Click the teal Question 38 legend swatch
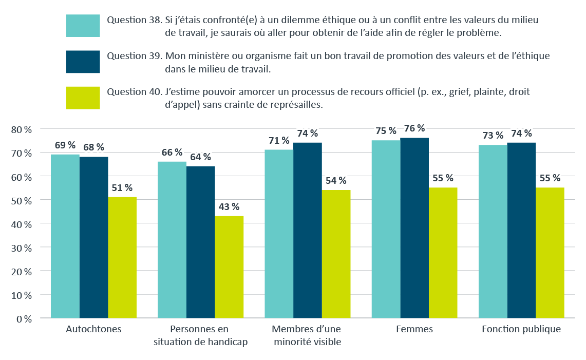(83, 26)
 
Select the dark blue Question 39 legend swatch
(83, 62)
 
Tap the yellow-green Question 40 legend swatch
(83, 98)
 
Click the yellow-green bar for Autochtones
(122, 257)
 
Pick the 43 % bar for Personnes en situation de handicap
(229, 267)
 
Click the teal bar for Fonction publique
(493, 231)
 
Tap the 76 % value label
(414, 128)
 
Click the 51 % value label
(122, 187)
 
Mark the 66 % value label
(172, 152)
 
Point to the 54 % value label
(336, 180)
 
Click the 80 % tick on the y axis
(21, 129)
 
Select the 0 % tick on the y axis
(24, 319)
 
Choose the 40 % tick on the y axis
(21, 224)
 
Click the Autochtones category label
(93, 329)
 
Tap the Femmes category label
(414, 329)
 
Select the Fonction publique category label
(521, 329)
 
